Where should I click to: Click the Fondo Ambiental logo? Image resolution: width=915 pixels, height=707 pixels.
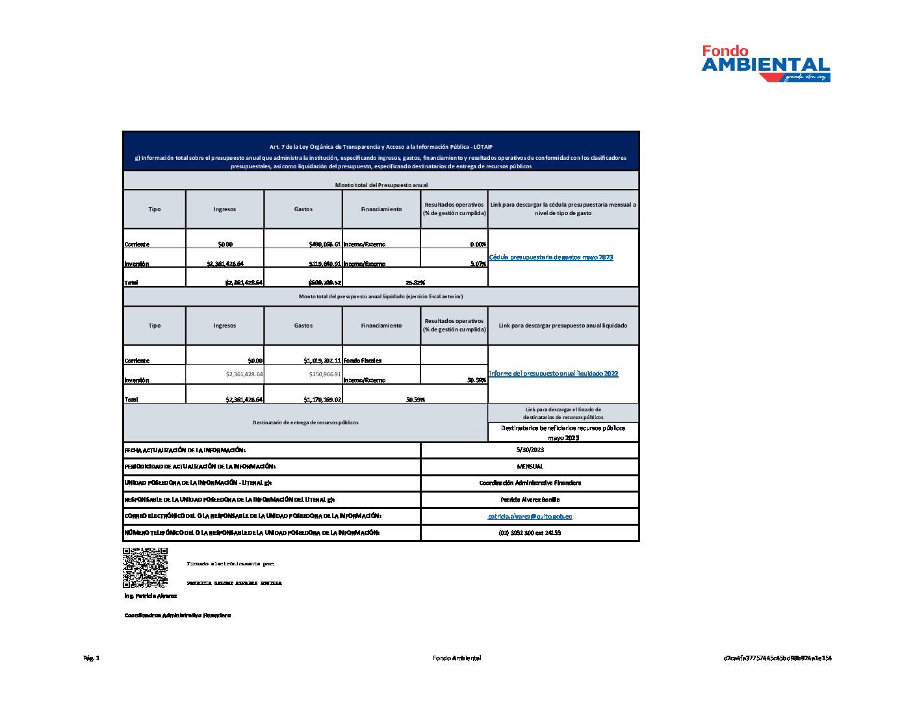point(766,63)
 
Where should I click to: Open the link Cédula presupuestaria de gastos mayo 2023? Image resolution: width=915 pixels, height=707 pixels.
point(550,257)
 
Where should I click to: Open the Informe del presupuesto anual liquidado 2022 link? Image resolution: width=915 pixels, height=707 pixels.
point(553,374)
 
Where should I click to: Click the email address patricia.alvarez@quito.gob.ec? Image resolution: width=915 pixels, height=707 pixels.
point(530,516)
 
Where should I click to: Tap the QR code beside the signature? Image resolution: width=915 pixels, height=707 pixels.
point(145,567)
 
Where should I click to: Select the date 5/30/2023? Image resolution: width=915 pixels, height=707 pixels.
point(530,450)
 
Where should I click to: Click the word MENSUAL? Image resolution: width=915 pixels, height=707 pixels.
point(530,467)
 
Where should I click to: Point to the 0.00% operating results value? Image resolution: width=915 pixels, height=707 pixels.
point(478,245)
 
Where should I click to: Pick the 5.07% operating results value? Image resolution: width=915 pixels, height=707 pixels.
point(478,264)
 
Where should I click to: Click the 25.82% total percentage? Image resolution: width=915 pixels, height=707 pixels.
point(415,283)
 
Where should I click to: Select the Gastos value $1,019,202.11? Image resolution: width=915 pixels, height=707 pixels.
point(322,361)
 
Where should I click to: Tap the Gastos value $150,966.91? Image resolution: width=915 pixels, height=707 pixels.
point(325,374)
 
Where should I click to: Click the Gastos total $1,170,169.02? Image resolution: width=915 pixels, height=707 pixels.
point(322,400)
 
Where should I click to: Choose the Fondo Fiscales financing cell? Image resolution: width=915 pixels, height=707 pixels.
point(363,361)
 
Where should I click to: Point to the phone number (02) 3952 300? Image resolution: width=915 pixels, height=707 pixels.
point(530,533)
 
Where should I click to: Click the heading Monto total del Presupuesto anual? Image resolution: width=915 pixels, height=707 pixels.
point(381,185)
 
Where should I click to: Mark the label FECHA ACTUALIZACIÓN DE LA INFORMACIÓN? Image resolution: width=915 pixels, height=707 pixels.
point(185,450)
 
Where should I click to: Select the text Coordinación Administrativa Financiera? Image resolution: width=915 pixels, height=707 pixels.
point(530,483)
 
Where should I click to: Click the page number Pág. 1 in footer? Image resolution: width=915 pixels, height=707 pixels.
point(92,658)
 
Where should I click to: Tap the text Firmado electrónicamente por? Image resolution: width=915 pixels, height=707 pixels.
point(231,564)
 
